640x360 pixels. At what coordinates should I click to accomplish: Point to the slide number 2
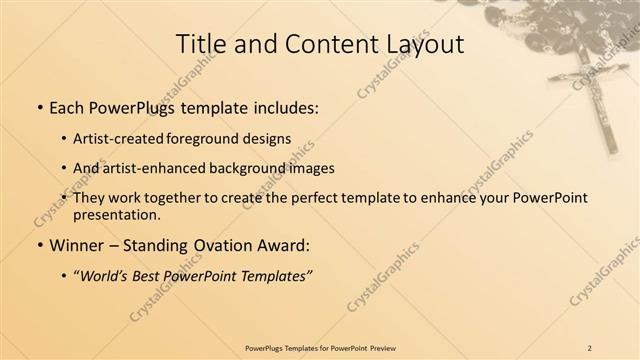click(x=589, y=348)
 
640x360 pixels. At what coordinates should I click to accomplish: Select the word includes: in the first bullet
click(x=286, y=106)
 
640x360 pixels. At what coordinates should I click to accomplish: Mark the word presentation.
click(x=116, y=214)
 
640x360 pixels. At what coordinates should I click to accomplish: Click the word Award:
click(x=286, y=243)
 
